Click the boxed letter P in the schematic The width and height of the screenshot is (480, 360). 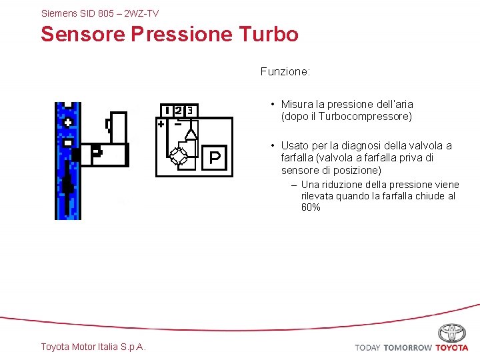[215, 157]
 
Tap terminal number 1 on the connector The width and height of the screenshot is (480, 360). [167, 110]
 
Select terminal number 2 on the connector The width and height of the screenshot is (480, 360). [179, 110]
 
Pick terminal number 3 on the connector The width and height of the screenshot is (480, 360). [190, 110]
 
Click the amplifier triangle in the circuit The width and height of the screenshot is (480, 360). [191, 133]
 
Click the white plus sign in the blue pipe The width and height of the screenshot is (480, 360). [68, 121]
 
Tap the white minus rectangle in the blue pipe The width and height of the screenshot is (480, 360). [68, 142]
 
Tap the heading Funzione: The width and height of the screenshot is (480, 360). [285, 71]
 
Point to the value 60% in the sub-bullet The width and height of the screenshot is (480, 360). [311, 207]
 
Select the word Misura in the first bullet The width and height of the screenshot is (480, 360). [295, 104]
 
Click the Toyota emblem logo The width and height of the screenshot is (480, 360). [452, 333]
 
